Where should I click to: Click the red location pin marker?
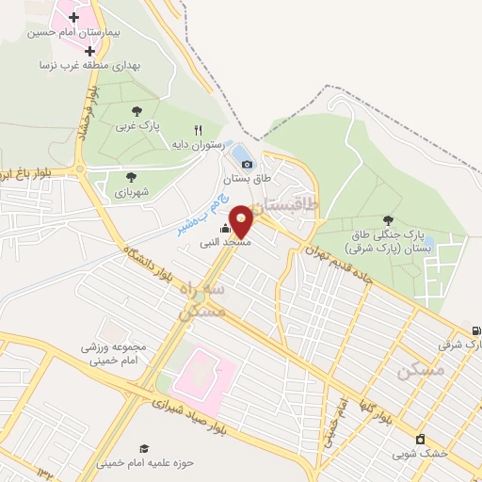coord(241,220)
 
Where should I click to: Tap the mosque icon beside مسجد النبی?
coord(225,229)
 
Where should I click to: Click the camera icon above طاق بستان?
coord(247,164)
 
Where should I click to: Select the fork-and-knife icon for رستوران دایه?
coord(198,130)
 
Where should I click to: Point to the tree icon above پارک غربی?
coord(137,110)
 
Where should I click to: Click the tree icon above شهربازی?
coord(131,176)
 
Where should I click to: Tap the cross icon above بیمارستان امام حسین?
coord(72,18)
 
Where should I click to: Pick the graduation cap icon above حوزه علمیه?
coord(144,448)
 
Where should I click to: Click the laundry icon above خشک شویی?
coord(420,439)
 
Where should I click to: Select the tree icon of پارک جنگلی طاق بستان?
coord(388,220)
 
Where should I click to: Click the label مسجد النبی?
coord(224,243)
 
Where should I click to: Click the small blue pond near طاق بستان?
coord(241,153)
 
